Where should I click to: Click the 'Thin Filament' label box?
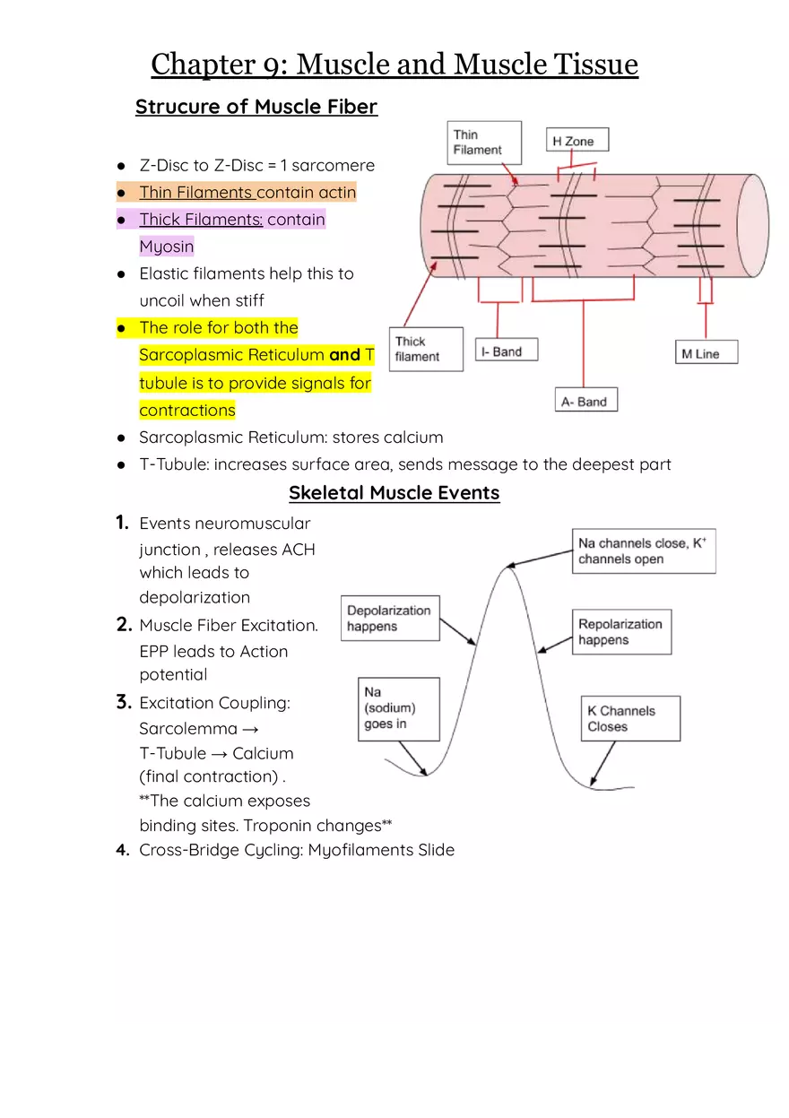pos(484,143)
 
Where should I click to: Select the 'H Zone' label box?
pos(577,140)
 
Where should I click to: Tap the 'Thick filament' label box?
pos(426,349)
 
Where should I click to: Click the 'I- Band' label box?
pos(506,351)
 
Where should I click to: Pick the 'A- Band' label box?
pos(586,400)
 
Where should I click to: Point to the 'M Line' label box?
pos(707,352)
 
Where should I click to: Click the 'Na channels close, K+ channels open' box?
pos(645,550)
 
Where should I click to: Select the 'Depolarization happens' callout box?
pos(390,618)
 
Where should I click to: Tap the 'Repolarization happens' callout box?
pos(621,631)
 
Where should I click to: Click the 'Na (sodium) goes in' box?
pos(398,708)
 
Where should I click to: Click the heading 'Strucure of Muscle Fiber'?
pos(256,107)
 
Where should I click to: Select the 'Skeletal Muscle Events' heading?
pos(394,492)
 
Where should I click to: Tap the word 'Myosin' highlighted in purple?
pos(166,247)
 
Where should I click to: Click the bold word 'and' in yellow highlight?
pos(344,355)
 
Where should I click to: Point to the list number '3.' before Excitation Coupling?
pos(124,702)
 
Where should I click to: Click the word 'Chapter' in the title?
pos(203,65)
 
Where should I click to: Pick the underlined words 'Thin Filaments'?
pos(196,192)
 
